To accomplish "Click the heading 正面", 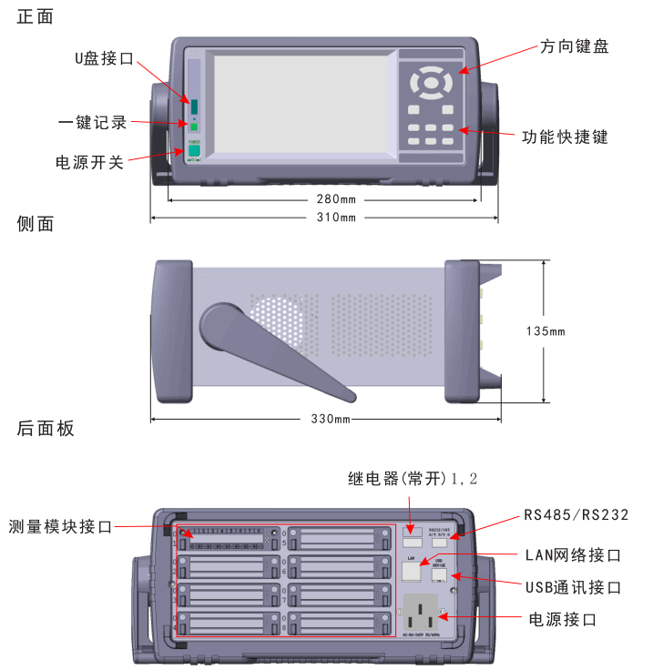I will [36, 15].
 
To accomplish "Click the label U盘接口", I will [103, 58].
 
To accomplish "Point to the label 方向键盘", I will [574, 46].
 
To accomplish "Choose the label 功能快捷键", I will [565, 137].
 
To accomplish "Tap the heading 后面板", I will [46, 429].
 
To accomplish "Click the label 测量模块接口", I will [60, 526].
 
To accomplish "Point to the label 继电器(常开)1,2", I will [413, 479].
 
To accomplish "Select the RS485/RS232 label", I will [576, 514].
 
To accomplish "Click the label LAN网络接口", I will [574, 554].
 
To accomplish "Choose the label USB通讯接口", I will [574, 587].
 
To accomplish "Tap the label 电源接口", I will [563, 619].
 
